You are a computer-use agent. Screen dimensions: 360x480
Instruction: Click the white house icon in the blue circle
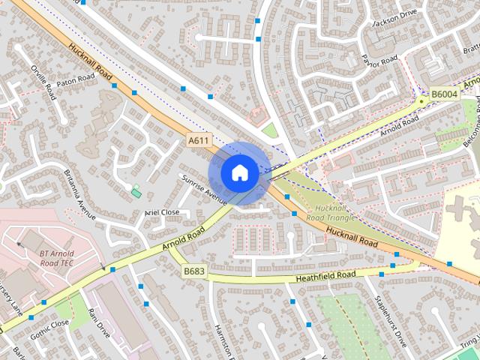coord(239,172)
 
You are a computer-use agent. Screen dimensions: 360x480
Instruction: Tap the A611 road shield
coord(199,139)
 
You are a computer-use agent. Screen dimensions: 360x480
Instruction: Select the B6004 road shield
coord(444,94)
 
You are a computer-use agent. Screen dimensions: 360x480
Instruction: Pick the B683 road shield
coord(194,271)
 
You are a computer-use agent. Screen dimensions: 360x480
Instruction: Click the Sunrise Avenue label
coord(203,190)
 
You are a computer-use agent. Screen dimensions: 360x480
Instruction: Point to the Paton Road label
coord(76,79)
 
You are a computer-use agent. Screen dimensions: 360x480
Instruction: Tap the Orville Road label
coord(43,82)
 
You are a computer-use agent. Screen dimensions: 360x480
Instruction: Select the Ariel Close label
coord(162,213)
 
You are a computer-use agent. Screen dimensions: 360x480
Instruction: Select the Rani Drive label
coord(98,322)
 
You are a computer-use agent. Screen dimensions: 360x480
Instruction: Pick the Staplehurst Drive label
coord(390,322)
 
